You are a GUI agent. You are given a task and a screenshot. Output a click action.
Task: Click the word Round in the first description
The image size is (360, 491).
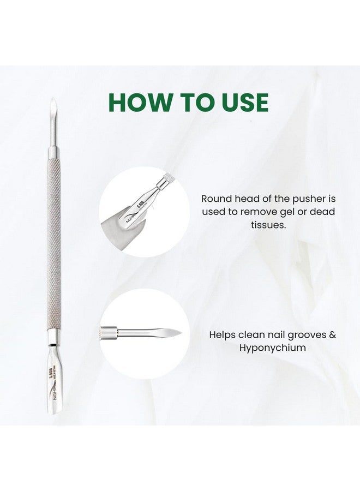(x=215, y=199)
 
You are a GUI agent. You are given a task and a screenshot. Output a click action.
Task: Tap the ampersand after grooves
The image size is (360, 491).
(x=332, y=335)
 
